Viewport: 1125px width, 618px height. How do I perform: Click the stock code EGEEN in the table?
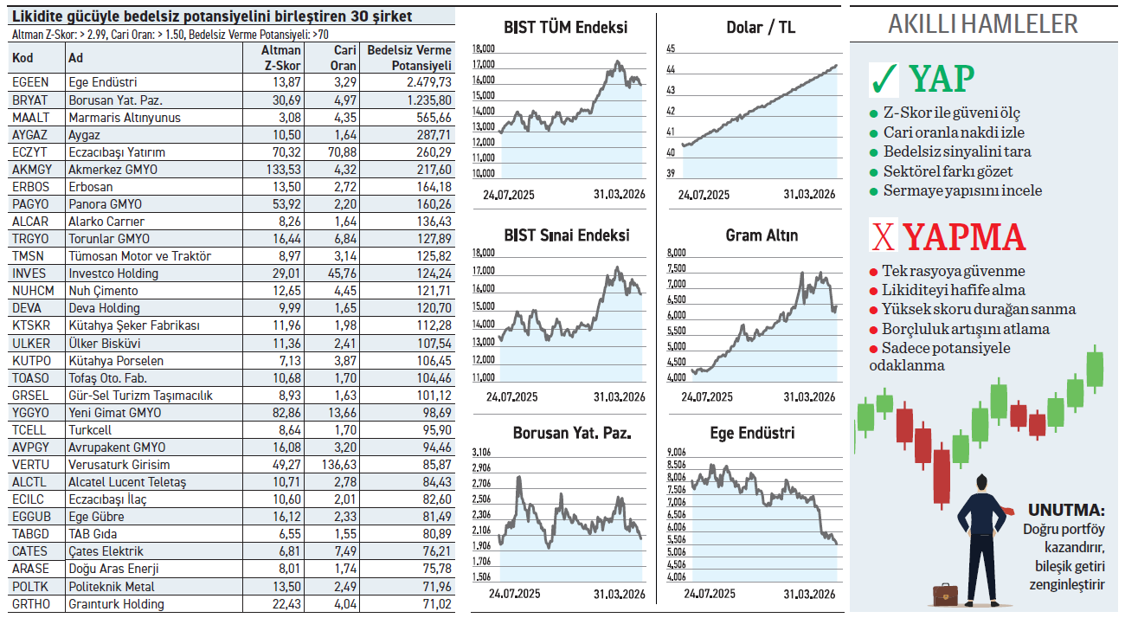tap(30, 82)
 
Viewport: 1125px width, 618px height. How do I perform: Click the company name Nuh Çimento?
tap(103, 291)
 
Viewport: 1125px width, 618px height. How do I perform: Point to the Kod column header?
tap(22, 58)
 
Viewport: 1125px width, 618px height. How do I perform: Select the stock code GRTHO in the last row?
tap(31, 604)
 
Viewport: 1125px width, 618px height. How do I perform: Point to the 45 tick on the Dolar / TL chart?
tap(670, 48)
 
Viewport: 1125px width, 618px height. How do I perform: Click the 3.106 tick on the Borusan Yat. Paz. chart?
tap(481, 452)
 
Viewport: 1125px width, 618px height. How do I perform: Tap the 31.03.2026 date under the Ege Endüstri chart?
tap(809, 594)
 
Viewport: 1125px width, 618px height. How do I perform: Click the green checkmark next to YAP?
tap(884, 80)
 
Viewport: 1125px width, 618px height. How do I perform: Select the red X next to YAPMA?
tap(883, 237)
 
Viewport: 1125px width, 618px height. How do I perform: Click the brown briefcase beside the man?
tap(945, 596)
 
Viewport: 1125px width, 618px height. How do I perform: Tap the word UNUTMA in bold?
tap(1066, 510)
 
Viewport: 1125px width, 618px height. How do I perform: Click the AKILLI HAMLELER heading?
tap(983, 24)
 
